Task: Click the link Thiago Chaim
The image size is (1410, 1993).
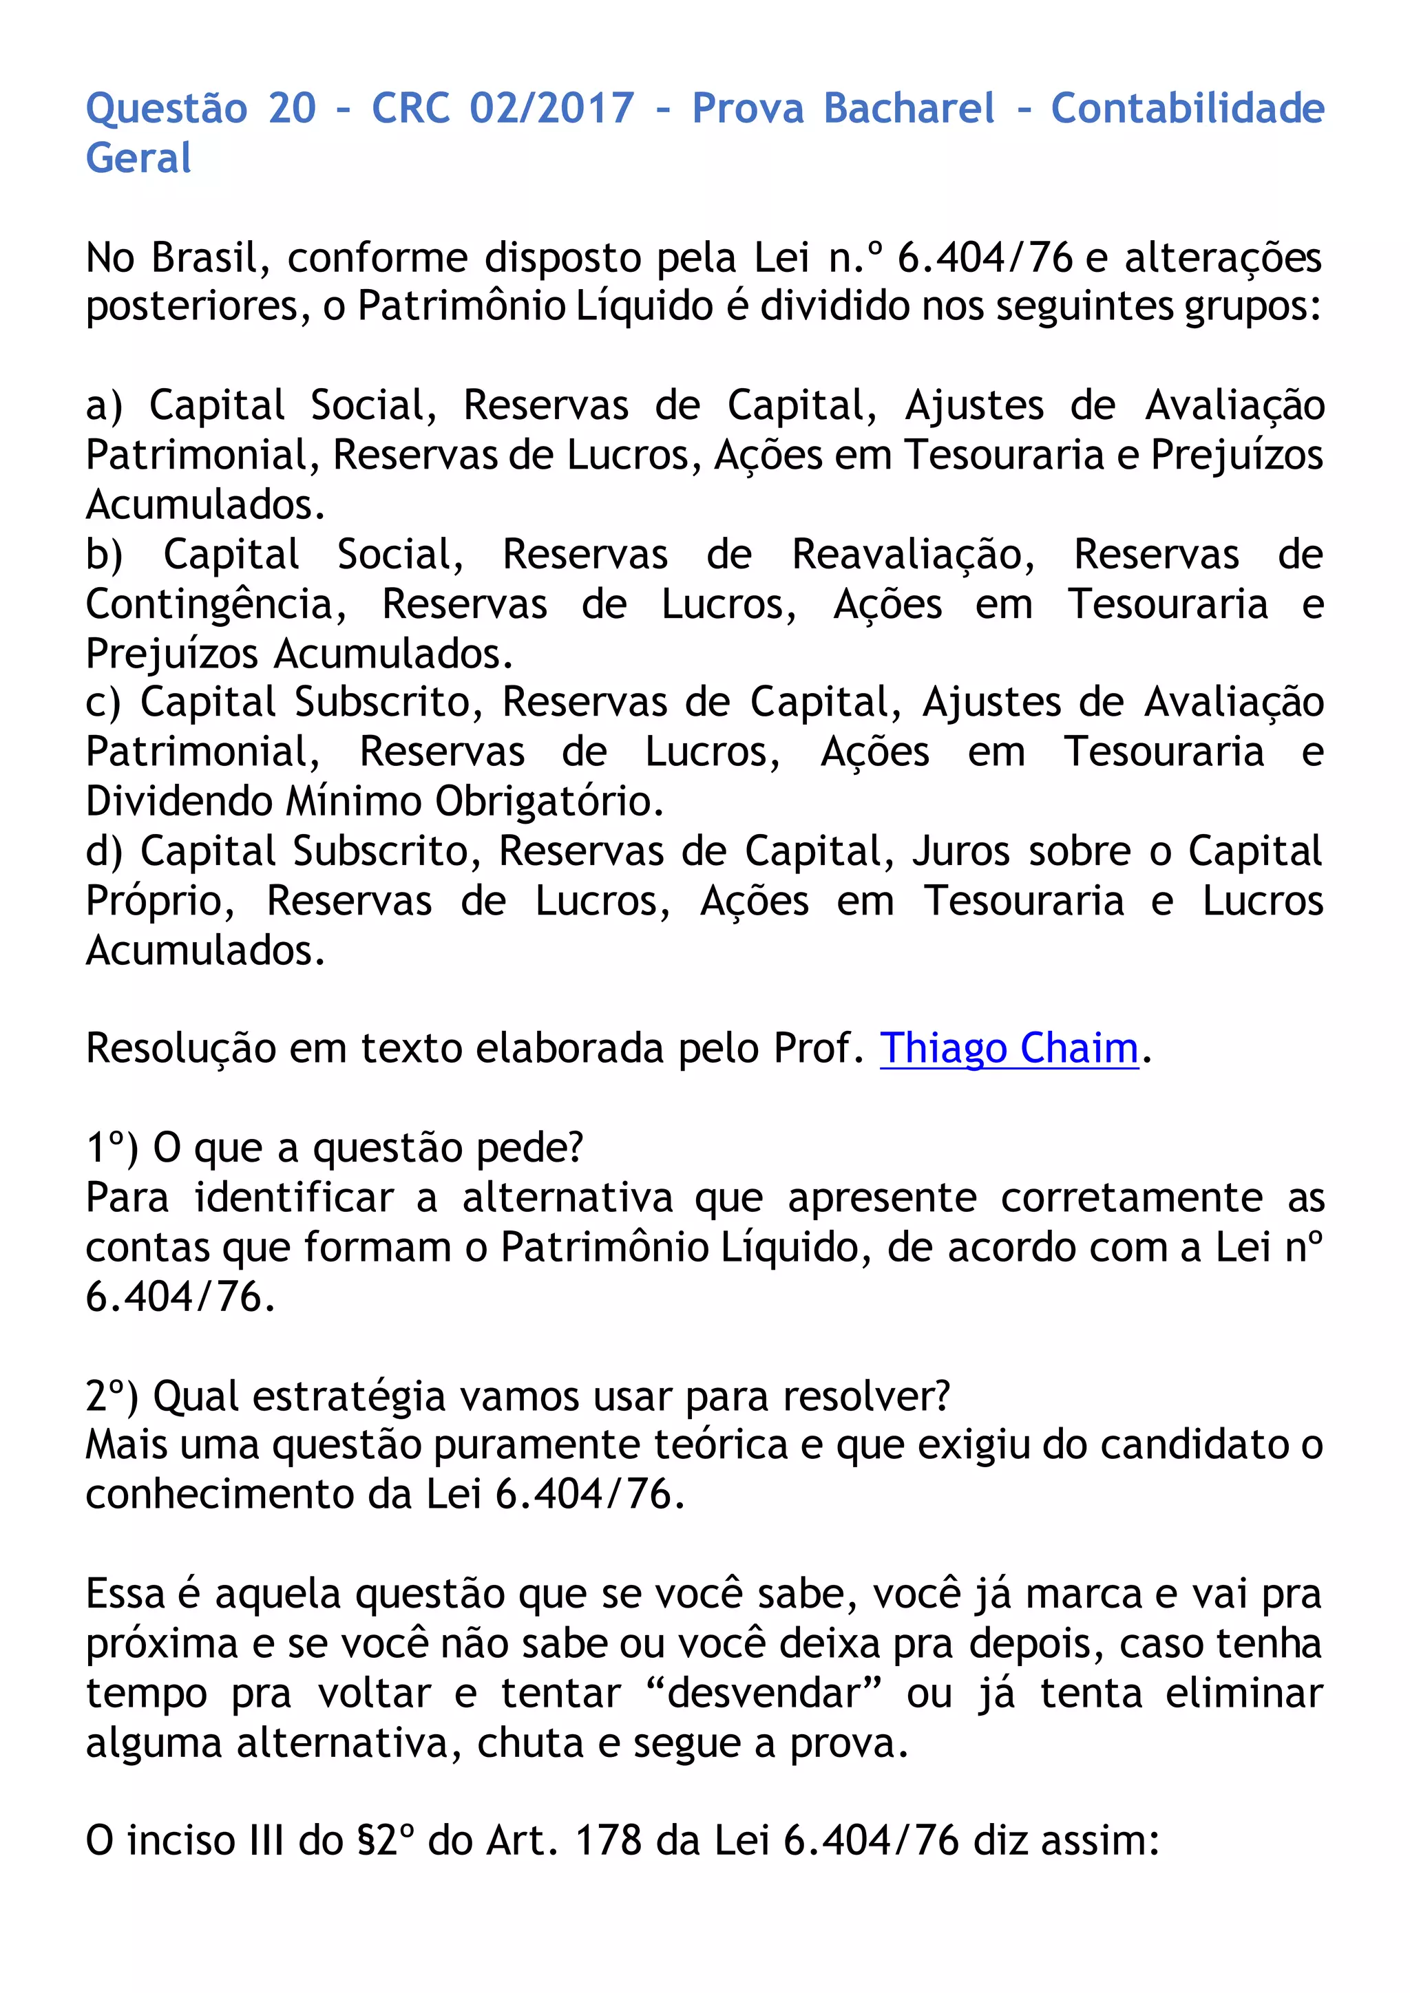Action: [x=1008, y=1049]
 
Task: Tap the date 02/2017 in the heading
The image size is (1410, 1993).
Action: [x=552, y=109]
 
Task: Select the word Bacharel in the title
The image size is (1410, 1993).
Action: [x=909, y=109]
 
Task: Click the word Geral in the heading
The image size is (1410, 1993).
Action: [x=138, y=159]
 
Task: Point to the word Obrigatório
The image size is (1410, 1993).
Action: [x=549, y=802]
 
